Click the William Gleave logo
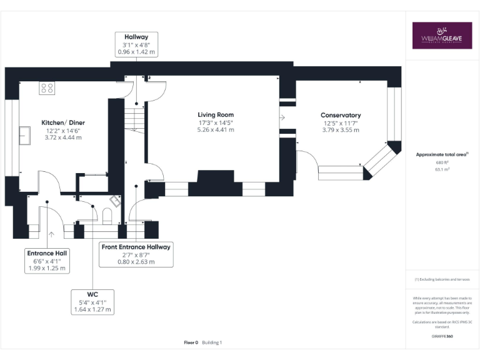tap(442, 36)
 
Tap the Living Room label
tap(216, 114)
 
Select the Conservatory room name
tap(341, 115)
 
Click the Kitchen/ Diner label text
tap(63, 122)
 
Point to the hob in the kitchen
tap(46, 87)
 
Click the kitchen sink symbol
tap(26, 135)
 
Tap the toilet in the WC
tap(106, 216)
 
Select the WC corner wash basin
tap(116, 201)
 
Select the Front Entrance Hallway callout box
tap(136, 254)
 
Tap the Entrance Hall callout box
tap(47, 261)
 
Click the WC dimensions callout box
tap(92, 301)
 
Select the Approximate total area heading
tap(442, 154)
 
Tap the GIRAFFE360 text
tap(442, 336)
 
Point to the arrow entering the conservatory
tap(282, 117)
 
